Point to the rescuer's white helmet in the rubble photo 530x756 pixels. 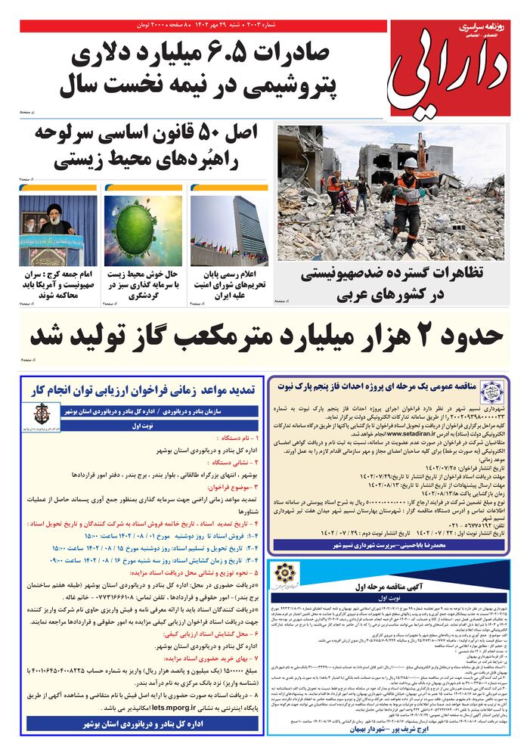[410, 163]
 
